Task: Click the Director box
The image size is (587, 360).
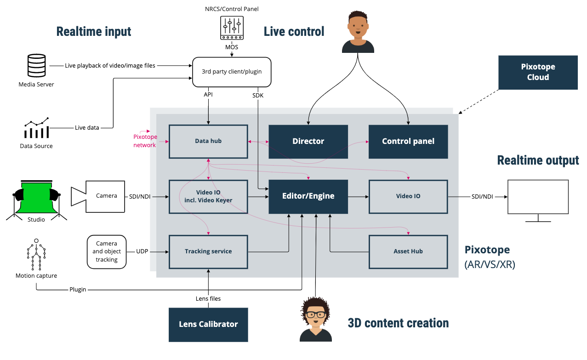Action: click(x=308, y=142)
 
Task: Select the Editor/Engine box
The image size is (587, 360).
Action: click(x=308, y=196)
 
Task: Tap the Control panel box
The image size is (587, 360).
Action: click(x=408, y=142)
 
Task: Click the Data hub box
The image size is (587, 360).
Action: click(x=208, y=142)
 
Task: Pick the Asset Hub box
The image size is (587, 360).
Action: click(x=408, y=251)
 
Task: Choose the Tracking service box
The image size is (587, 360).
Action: click(x=208, y=251)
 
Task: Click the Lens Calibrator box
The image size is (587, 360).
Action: click(x=208, y=325)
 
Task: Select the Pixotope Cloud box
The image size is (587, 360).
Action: click(x=538, y=73)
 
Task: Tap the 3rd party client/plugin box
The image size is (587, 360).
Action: click(x=231, y=72)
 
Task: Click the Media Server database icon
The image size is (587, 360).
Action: click(x=36, y=66)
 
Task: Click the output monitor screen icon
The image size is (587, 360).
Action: click(x=538, y=198)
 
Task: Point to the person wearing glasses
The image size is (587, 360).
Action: click(x=316, y=318)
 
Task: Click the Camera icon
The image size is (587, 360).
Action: click(x=97, y=196)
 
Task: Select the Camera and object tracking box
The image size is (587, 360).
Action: click(x=107, y=251)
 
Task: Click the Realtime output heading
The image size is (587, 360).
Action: click(x=538, y=160)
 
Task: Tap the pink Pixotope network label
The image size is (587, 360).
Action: click(x=145, y=141)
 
